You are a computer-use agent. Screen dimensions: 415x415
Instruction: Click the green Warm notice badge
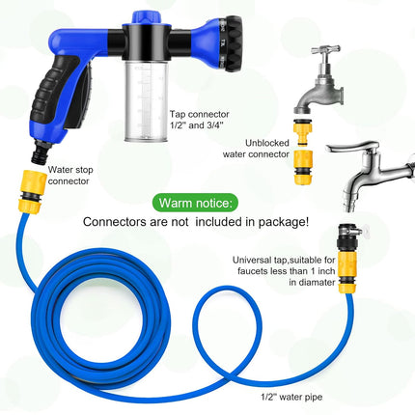(x=195, y=203)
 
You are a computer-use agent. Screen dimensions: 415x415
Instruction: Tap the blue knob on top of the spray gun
(x=147, y=17)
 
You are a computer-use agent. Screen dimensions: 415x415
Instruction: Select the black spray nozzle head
(x=231, y=43)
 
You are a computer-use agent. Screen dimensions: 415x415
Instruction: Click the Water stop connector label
(x=70, y=176)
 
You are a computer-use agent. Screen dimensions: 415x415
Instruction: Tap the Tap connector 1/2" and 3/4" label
(x=199, y=120)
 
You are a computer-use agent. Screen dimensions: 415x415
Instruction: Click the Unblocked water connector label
(x=256, y=149)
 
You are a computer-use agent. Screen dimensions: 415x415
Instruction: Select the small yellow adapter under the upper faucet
(x=302, y=132)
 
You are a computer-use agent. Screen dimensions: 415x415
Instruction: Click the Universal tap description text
(x=284, y=271)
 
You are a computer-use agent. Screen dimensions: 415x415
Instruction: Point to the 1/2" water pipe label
(x=291, y=398)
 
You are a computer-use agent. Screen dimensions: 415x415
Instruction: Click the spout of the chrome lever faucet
(x=350, y=197)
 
